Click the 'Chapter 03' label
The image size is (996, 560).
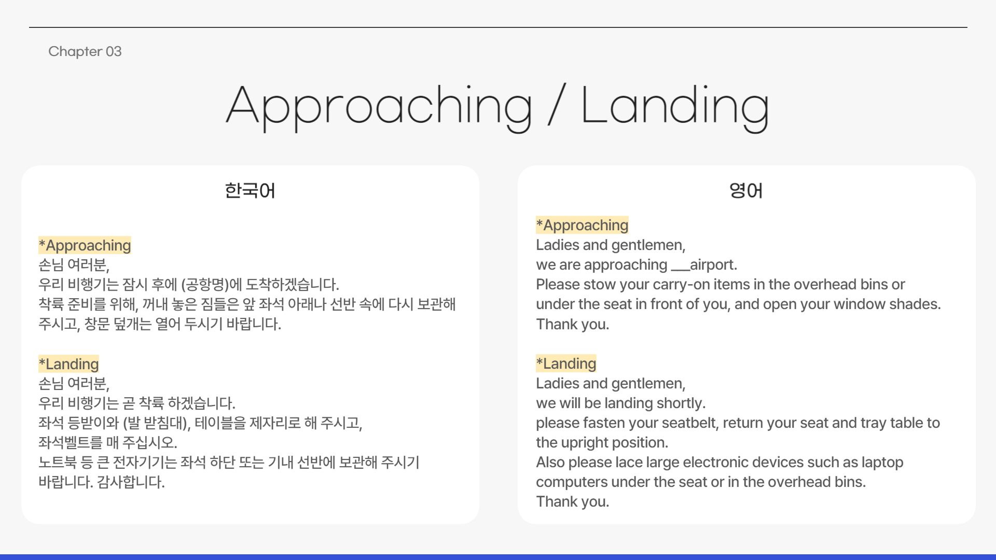(x=85, y=51)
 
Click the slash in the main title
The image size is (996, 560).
(x=557, y=104)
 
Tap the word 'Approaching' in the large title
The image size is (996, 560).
(x=379, y=107)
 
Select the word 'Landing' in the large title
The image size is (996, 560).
(x=675, y=107)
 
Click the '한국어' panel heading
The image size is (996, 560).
(x=250, y=190)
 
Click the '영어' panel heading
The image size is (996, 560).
(x=746, y=190)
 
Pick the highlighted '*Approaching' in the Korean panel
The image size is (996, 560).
(x=85, y=245)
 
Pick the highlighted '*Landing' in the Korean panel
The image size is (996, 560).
(x=68, y=364)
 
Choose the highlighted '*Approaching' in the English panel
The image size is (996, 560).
(x=582, y=225)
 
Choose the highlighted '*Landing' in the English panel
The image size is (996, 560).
(x=566, y=363)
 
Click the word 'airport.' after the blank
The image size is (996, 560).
(x=713, y=265)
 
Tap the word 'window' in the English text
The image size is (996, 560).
(x=860, y=304)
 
